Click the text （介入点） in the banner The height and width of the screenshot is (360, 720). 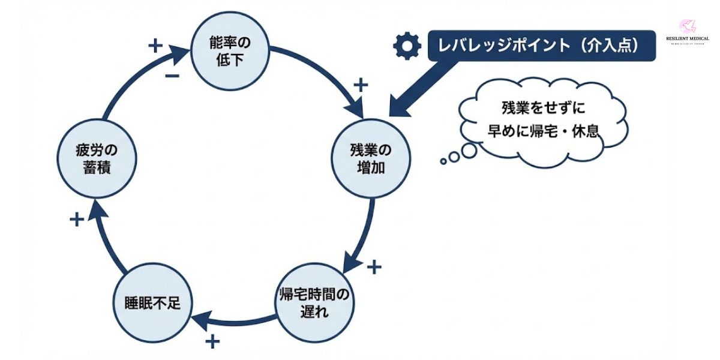(x=606, y=46)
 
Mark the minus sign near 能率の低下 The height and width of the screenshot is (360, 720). (x=172, y=76)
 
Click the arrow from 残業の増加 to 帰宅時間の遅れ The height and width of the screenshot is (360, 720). (x=367, y=234)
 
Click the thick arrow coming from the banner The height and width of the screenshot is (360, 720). (x=423, y=84)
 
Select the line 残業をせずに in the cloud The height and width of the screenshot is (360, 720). (x=543, y=109)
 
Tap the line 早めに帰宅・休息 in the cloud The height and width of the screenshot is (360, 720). (x=543, y=131)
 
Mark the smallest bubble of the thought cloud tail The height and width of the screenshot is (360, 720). (x=443, y=161)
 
